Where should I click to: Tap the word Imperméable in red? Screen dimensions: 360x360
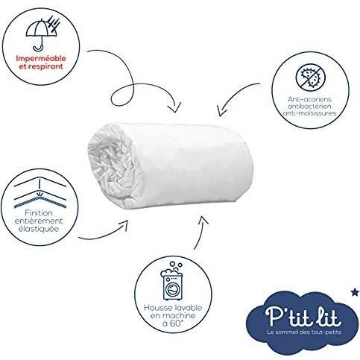(41, 59)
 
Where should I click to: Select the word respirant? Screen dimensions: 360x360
(45, 66)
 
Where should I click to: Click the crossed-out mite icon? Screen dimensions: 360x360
(310, 78)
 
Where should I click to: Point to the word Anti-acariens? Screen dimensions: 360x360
(309, 99)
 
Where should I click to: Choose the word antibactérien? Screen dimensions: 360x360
(309, 106)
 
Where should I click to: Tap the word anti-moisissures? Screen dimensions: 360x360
(309, 113)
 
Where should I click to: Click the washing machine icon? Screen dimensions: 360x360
(172, 280)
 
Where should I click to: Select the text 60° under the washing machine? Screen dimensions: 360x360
(177, 323)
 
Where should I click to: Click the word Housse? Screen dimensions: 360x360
(158, 308)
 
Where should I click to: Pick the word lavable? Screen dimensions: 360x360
(189, 308)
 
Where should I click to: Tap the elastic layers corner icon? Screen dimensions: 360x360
(40, 192)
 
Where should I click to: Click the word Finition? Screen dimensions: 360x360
(39, 213)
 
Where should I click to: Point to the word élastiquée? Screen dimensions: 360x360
(39, 229)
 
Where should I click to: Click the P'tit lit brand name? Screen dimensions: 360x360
(303, 317)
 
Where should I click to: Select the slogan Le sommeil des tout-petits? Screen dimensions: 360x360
(304, 332)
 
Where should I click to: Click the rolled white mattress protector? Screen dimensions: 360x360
(171, 165)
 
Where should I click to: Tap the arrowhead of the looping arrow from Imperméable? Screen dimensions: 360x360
(174, 108)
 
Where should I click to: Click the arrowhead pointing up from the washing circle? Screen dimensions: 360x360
(203, 220)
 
